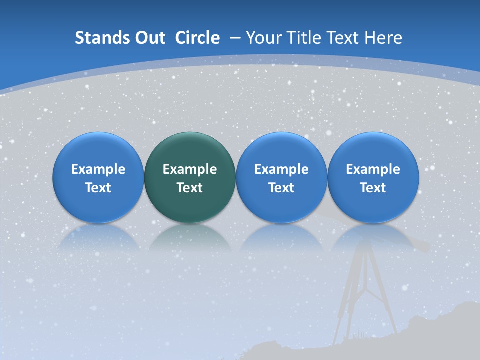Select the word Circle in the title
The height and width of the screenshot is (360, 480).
point(197,38)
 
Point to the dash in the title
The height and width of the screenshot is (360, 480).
point(235,38)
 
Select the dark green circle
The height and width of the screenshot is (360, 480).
point(190,150)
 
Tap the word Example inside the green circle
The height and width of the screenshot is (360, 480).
point(190,169)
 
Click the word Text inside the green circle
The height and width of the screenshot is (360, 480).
point(190,188)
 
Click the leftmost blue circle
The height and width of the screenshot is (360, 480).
point(98,150)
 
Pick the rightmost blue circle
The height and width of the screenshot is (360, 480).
point(373,150)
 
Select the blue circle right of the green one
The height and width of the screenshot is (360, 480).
point(281,150)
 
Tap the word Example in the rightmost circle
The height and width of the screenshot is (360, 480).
point(373,169)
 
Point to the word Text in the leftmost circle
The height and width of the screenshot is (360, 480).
point(98,188)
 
